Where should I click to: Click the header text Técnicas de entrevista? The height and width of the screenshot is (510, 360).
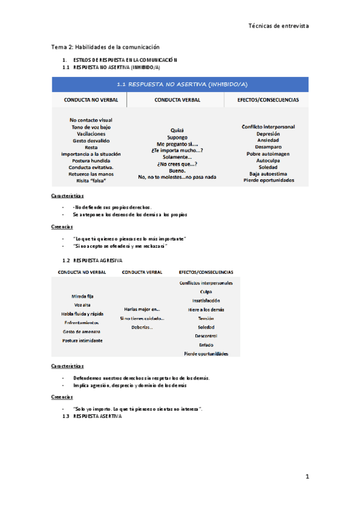(278, 26)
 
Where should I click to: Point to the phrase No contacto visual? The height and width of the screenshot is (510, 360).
(91, 120)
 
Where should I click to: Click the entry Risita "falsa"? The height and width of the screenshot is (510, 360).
(91, 180)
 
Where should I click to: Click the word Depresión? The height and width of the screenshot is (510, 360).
(267, 134)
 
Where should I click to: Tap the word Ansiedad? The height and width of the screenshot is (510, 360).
(267, 140)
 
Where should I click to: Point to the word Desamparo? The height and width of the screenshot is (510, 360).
(267, 147)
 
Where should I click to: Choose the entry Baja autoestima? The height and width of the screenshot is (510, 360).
(267, 174)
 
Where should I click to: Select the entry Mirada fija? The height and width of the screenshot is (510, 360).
(82, 296)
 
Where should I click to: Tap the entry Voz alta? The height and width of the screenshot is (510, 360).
(82, 305)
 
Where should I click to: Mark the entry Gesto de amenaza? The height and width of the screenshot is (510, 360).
(82, 331)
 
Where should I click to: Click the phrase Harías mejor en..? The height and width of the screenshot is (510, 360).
(142, 309)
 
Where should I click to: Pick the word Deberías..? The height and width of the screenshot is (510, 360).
(142, 327)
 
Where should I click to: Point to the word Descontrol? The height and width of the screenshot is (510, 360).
(206, 336)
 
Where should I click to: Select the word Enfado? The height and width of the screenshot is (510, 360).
(206, 345)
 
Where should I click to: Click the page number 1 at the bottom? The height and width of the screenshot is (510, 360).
(307, 477)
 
